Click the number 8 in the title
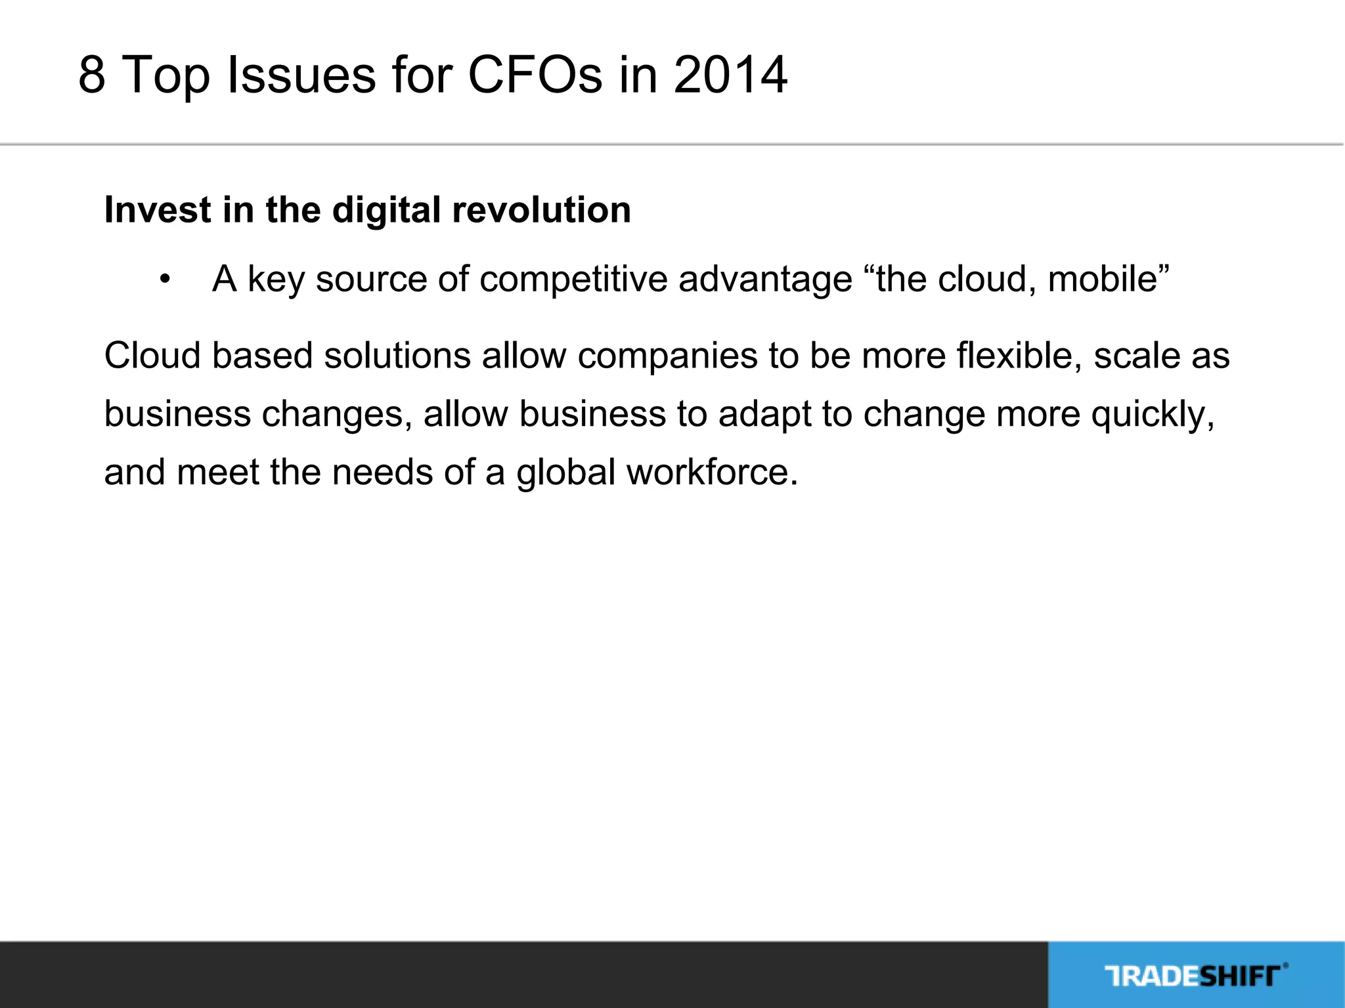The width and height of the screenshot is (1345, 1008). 92,75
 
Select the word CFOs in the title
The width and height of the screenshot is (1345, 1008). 535,75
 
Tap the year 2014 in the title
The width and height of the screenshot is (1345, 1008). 730,75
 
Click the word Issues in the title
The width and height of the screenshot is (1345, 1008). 301,75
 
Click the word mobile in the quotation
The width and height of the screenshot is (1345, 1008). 1103,278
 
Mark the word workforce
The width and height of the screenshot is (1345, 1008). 712,472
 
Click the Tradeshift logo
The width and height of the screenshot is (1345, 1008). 1195,975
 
